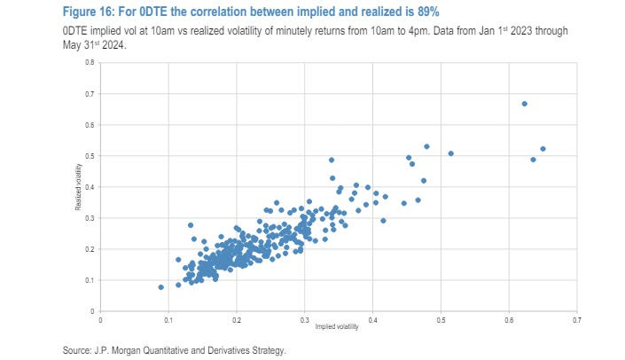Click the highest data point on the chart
pos(524,104)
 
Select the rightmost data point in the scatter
pos(543,149)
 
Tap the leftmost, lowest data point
pos(160,287)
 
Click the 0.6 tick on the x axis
pos(509,319)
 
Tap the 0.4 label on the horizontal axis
pos(372,319)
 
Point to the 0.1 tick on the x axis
pos(168,319)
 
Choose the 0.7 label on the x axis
pos(576,319)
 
